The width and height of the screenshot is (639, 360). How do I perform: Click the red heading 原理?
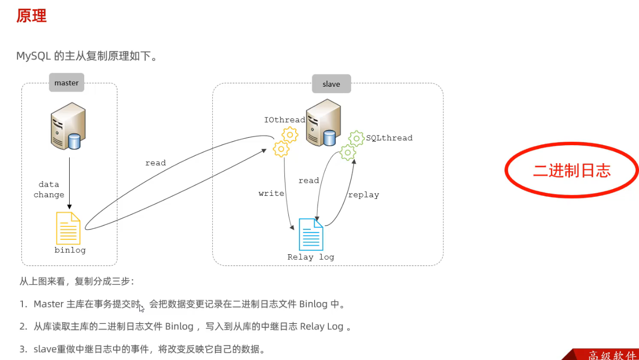[x=31, y=16]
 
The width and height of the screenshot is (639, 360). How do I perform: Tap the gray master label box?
[x=66, y=83]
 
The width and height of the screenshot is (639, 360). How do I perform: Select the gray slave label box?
[x=331, y=84]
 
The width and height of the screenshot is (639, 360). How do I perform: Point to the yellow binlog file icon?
[x=68, y=228]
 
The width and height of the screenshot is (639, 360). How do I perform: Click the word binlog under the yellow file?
[x=70, y=250]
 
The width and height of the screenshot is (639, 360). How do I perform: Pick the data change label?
[x=49, y=189]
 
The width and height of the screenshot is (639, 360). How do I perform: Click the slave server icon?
[x=323, y=122]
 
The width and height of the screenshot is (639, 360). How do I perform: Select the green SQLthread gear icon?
[x=352, y=146]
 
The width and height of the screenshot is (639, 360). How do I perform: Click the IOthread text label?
[x=284, y=120]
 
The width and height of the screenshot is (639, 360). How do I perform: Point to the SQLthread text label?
[x=389, y=138]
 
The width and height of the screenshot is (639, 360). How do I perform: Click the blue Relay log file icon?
[x=311, y=234]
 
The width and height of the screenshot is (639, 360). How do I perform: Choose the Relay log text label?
[x=311, y=257]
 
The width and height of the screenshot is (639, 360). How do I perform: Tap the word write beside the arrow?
[x=271, y=193]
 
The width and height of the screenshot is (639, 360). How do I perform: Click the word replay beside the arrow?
[x=363, y=195]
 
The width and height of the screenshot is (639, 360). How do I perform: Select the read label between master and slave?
[x=155, y=163]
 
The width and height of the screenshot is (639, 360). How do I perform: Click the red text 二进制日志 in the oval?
[x=572, y=171]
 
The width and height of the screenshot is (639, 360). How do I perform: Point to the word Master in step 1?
[x=49, y=304]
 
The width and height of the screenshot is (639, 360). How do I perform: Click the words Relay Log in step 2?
[x=321, y=326]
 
